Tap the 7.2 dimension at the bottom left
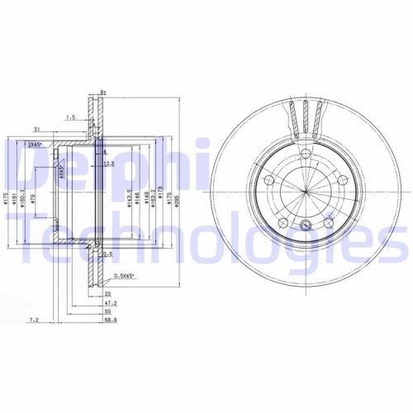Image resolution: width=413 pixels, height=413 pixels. (34, 319)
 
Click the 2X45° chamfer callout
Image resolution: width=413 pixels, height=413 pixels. (36, 145)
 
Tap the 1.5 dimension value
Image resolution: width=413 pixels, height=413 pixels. (71, 117)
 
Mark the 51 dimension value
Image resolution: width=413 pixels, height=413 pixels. (37, 130)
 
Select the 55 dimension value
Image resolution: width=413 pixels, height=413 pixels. (107, 311)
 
